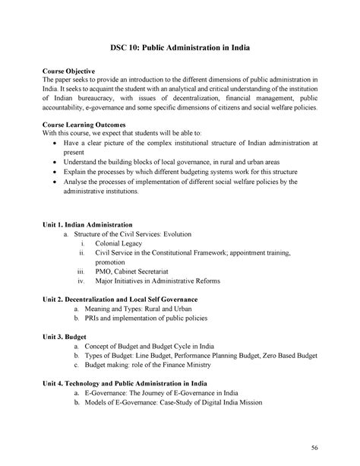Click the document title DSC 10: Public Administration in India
point(179,47)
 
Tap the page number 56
point(314,445)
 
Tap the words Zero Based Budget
point(286,355)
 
